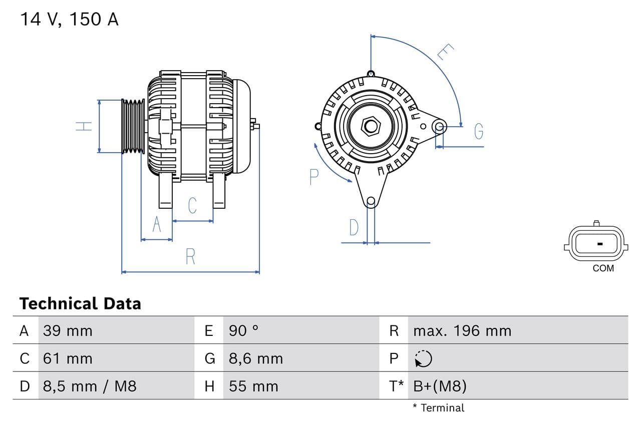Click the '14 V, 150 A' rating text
pos(69,20)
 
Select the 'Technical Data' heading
pos(80,303)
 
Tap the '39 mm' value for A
pos(68,331)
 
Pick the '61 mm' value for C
pos(68,358)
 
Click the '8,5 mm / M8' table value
pos(90,386)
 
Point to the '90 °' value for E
pos(243,331)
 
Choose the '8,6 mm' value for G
pos(256,358)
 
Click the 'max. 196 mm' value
pos(462,331)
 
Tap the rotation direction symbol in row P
pos(423,358)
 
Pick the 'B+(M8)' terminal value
pos(440,386)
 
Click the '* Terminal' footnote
pos(438,408)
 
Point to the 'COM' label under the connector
pos(603,268)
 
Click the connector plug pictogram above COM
pos(596,244)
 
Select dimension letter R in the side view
pos(190,256)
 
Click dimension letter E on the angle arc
pos(445,52)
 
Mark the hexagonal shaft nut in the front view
pos(371,126)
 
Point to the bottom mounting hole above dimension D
pos(371,202)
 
